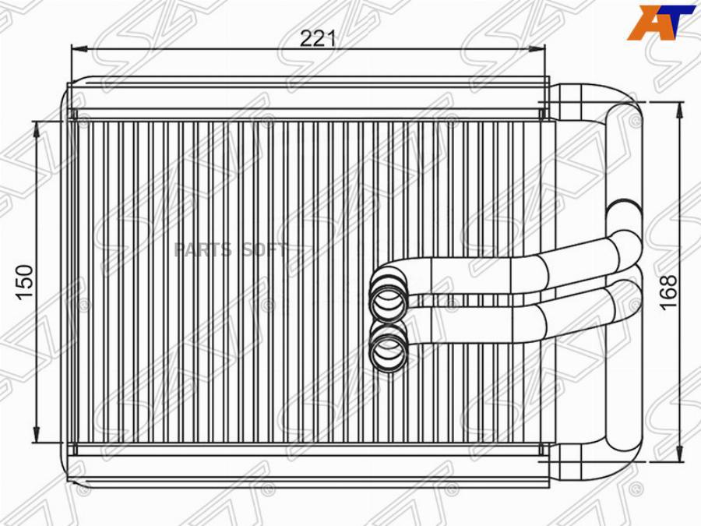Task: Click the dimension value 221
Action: point(318,39)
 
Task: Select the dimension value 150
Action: point(25,282)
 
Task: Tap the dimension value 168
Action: point(669,292)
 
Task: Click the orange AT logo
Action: point(661,23)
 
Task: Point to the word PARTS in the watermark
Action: point(203,250)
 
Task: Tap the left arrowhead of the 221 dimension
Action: point(79,49)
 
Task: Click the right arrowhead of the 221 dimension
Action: point(537,49)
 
